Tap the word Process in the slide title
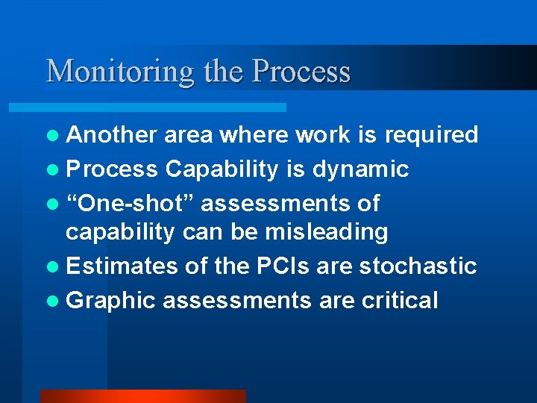coord(301,72)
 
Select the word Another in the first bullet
coord(111,135)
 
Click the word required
coord(432,135)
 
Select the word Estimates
coord(122,266)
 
